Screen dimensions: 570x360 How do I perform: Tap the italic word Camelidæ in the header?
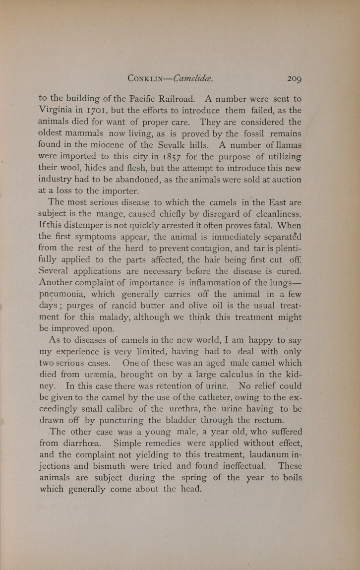[193, 78]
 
